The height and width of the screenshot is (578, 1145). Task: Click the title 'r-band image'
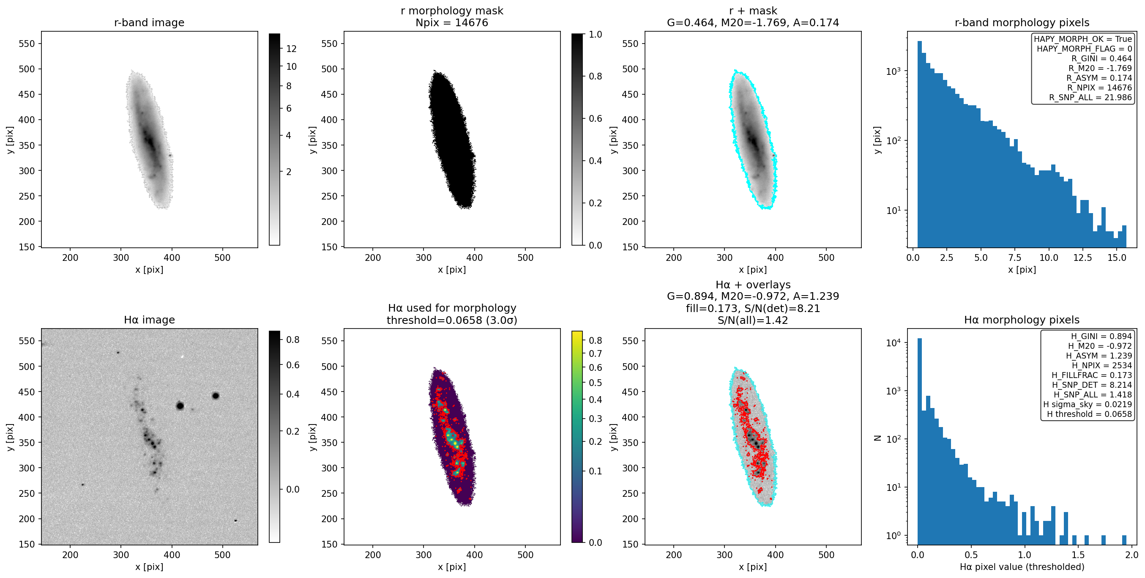149,23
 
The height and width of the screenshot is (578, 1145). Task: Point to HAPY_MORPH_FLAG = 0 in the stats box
1085,49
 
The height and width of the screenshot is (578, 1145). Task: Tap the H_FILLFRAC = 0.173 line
1092,375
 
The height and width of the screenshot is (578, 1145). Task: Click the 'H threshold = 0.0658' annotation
1090,414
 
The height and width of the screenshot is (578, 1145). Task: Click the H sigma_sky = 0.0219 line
1088,405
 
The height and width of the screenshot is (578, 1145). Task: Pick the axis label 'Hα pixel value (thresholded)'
1022,567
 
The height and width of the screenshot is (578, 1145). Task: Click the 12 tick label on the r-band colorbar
291,49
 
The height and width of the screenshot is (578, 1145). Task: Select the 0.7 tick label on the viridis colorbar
595,354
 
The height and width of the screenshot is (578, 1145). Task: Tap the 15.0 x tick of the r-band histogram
1117,258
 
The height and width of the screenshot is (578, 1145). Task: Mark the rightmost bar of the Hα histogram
1124,540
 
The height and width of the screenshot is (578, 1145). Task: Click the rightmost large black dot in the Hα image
216,396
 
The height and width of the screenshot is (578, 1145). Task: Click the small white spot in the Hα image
182,356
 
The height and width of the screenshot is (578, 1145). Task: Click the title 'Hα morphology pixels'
1022,320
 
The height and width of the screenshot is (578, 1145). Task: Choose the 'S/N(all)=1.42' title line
752,320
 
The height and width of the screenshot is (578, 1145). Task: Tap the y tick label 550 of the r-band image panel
26,44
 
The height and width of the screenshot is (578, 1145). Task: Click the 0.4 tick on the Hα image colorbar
292,394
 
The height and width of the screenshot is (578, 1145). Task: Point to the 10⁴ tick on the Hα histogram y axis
894,342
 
